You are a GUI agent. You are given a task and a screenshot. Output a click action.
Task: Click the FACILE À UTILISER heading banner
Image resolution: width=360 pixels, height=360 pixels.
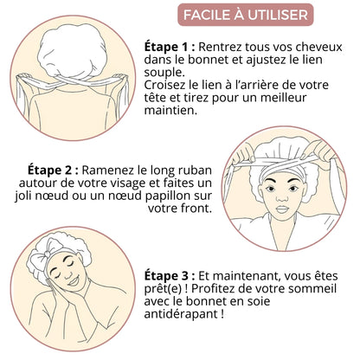[x=247, y=16]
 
